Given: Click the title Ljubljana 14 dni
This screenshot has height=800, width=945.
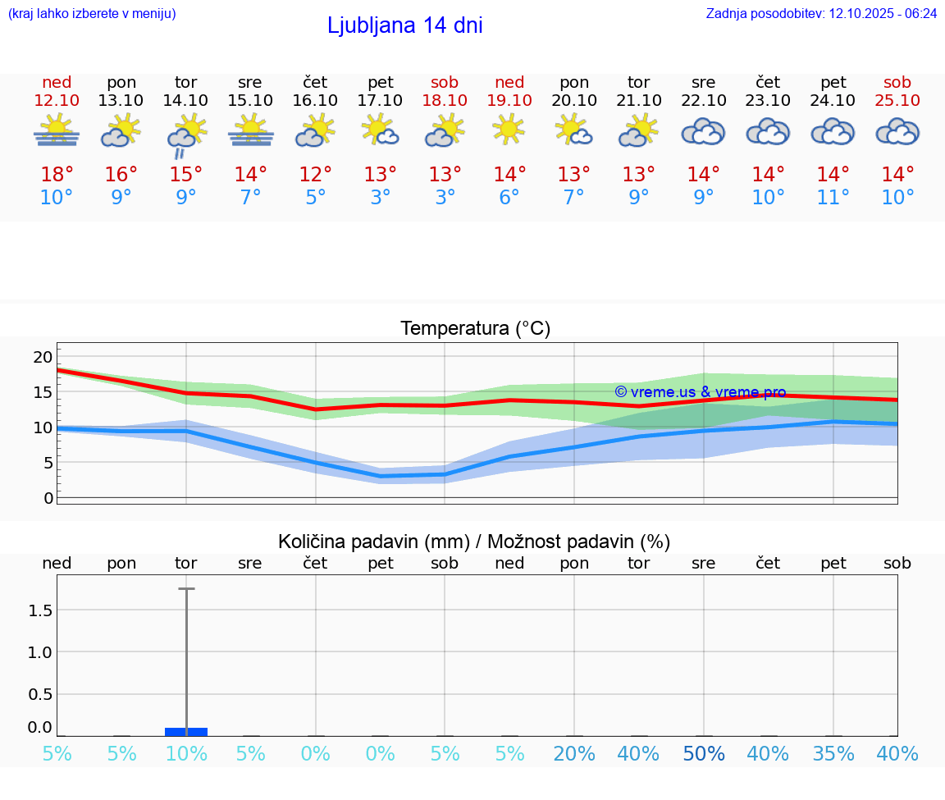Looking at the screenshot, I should (404, 25).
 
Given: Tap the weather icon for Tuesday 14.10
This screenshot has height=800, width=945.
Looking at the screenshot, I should (186, 132).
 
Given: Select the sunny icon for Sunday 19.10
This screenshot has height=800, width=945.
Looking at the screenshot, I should (509, 130).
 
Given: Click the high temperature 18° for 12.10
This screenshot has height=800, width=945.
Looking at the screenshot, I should (57, 175).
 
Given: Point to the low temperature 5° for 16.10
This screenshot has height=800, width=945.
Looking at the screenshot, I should (315, 198).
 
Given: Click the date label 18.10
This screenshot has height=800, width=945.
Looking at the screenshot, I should (445, 100).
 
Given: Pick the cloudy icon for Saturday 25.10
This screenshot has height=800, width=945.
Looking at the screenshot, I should (897, 131).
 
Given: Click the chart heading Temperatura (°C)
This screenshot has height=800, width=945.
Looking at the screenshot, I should (475, 329).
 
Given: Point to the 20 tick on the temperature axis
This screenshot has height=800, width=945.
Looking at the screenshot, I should (43, 357).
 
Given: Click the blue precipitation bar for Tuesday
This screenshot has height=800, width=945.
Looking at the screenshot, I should (186, 731).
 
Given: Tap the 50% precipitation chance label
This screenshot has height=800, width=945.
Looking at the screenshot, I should (704, 754).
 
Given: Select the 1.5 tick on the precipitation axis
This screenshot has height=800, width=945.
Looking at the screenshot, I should (40, 610).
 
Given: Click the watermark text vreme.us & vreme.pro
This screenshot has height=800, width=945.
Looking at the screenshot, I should (701, 392).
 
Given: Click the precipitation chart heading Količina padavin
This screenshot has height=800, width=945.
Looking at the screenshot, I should (474, 542).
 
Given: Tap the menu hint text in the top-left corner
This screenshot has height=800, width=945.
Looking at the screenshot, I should (92, 14).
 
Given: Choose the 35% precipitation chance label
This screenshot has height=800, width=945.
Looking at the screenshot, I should (833, 754).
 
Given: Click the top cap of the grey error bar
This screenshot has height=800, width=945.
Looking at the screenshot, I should (186, 588).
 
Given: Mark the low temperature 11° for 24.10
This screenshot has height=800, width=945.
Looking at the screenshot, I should (833, 198).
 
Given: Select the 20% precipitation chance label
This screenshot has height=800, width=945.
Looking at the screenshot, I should (574, 754).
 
